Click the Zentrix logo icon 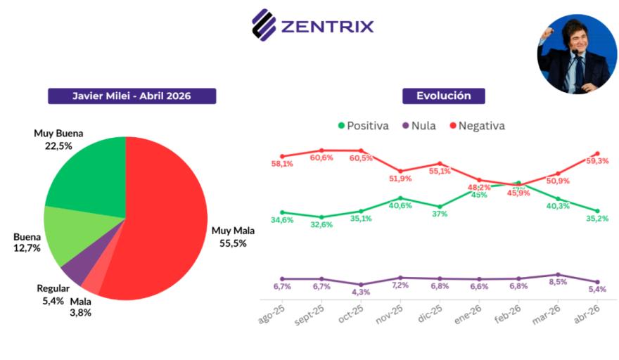pos(264,25)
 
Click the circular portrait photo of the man pos(576,54)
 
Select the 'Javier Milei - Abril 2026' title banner pos(132,96)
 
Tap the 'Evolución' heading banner pos(443,96)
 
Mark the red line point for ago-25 pos(282,156)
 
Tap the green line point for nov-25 pos(400,198)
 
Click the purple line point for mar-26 pos(558,275)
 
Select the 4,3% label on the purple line pos(361,292)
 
